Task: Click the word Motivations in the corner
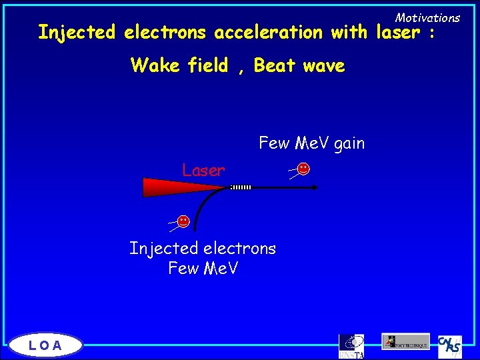tap(427, 17)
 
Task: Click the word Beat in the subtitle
tap(275, 65)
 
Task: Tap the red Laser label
tap(203, 171)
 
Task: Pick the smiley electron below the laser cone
tap(183, 220)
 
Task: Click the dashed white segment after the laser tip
tap(241, 187)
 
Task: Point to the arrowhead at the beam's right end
tap(315, 187)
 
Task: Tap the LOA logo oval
tap(46, 345)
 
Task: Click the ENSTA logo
tap(351, 345)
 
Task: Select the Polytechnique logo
tap(406, 341)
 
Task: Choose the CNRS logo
tap(450, 345)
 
